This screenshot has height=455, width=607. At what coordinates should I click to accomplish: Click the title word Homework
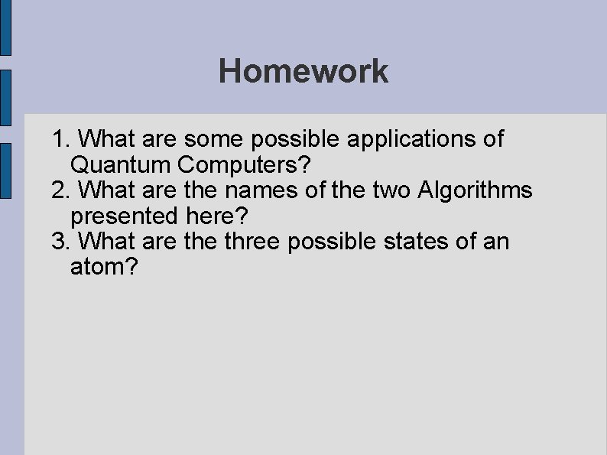(303, 72)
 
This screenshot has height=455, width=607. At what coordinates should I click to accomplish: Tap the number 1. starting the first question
(61, 139)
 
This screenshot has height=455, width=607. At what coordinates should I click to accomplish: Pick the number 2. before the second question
(61, 190)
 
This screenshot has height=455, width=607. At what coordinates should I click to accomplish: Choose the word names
(255, 190)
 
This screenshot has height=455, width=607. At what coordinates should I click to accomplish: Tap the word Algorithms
(476, 190)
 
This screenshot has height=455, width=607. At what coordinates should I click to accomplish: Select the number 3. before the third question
(61, 242)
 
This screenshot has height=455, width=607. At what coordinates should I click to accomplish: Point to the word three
(254, 242)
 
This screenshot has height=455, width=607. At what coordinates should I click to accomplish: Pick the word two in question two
(392, 190)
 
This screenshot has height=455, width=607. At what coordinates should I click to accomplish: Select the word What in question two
(103, 190)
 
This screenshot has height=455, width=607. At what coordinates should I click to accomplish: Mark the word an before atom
(495, 242)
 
